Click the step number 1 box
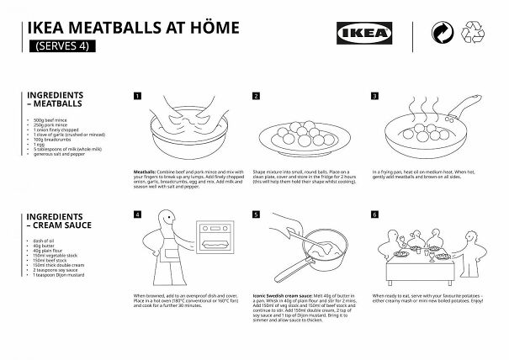138,96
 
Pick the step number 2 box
256,96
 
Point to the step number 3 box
373,96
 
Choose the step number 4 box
138,214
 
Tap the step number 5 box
256,214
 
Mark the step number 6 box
373,214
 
